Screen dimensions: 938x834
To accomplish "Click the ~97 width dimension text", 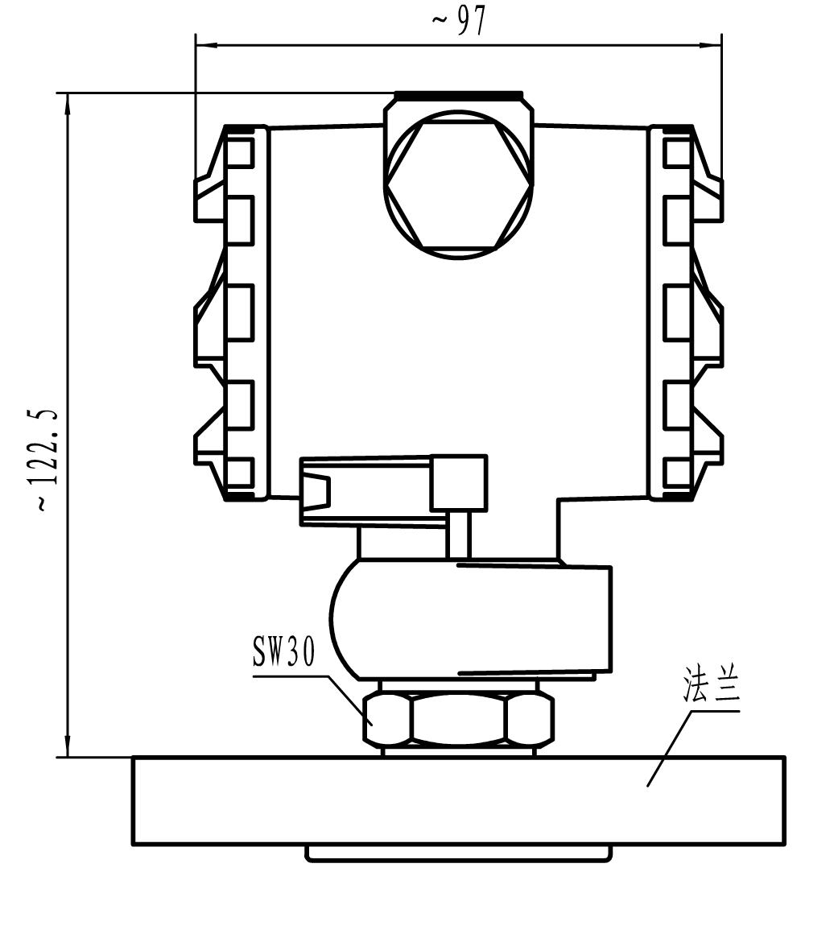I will pos(460,22).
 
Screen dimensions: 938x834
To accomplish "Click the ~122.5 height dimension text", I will pos(47,459).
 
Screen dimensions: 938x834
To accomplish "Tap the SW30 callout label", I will pos(284,652).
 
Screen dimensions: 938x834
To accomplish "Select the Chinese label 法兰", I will pos(711,684).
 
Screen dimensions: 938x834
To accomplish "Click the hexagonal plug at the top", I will pos(458,185).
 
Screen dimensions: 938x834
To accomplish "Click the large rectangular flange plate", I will pos(458,800).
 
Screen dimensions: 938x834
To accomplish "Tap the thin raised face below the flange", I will pos(458,853).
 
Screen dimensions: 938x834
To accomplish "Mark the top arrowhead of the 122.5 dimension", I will pos(68,104).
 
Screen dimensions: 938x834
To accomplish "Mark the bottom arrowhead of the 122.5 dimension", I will pos(68,746).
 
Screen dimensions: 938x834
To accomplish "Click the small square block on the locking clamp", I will pos(459,482).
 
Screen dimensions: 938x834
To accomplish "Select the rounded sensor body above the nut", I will pos(471,620).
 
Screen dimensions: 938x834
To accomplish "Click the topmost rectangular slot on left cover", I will pos(240,151).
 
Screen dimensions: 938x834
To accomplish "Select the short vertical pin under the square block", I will pos(459,534).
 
